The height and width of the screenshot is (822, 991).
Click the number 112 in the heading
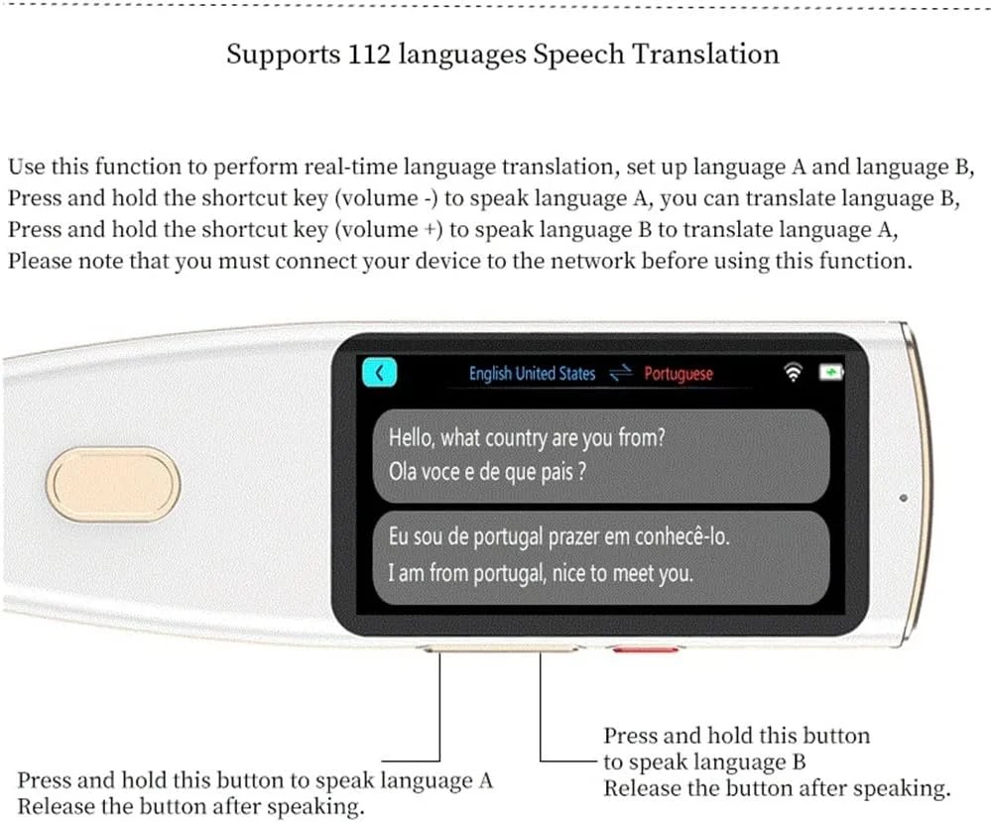(369, 54)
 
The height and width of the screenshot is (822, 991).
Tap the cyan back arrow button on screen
(379, 372)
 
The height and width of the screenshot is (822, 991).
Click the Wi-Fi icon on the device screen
(793, 372)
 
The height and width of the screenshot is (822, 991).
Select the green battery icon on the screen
(831, 372)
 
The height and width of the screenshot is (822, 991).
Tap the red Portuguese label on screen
(679, 374)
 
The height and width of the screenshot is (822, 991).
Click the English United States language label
(532, 374)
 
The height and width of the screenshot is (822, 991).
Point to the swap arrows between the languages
(621, 373)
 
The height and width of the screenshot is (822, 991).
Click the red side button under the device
(645, 648)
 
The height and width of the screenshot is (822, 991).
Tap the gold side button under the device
(501, 648)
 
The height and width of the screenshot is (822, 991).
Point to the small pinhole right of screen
(903, 498)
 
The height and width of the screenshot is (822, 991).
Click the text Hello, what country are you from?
(527, 437)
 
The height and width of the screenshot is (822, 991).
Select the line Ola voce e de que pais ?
(487, 471)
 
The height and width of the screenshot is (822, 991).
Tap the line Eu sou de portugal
(558, 536)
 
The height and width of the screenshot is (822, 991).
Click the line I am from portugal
(541, 573)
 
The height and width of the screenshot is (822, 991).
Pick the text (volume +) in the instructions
(388, 229)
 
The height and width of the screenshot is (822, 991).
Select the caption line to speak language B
(704, 763)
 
